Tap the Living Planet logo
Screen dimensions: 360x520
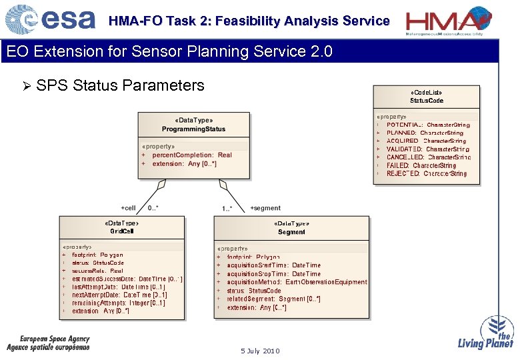coord(486,333)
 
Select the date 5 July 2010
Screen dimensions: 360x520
coord(261,351)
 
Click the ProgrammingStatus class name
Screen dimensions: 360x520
coord(193,129)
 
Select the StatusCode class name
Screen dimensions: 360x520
coord(427,101)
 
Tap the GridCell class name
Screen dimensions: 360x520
coord(122,231)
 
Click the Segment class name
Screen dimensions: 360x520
coord(291,232)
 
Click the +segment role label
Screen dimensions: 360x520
coord(265,208)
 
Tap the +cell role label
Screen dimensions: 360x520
coord(128,208)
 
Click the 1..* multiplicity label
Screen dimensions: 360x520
coord(227,209)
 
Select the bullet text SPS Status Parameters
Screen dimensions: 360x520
coord(120,85)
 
